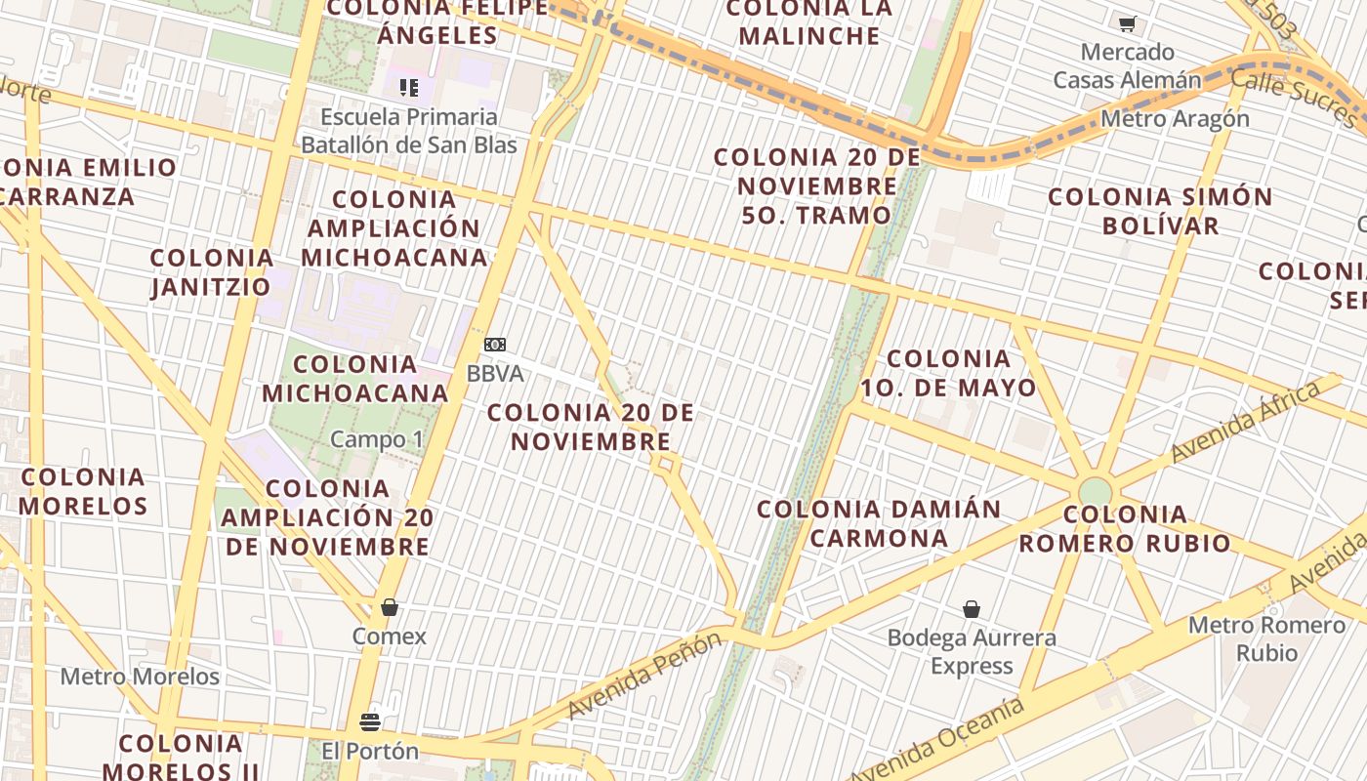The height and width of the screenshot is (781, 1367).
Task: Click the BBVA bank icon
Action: pyautogui.click(x=495, y=345)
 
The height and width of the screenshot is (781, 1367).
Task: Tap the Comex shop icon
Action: pyautogui.click(x=390, y=608)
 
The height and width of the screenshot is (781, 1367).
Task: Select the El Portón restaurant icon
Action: pyautogui.click(x=370, y=722)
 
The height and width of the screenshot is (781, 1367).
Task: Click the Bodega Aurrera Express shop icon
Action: pyautogui.click(x=972, y=610)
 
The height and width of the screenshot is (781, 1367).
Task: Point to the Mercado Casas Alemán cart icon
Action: pyautogui.click(x=1128, y=23)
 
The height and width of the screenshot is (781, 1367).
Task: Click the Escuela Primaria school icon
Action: pyautogui.click(x=409, y=88)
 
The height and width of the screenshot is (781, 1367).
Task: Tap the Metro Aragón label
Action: pyautogui.click(x=1175, y=119)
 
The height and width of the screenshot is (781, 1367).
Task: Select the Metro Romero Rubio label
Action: pyautogui.click(x=1266, y=638)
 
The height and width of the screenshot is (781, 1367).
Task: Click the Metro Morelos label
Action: pyautogui.click(x=140, y=677)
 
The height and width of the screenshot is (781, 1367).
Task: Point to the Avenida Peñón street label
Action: pyautogui.click(x=644, y=675)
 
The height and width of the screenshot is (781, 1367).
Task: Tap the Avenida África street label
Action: pyautogui.click(x=1245, y=422)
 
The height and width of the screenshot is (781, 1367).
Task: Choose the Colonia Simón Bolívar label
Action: pyautogui.click(x=1160, y=211)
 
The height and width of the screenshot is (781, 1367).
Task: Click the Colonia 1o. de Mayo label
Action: pyautogui.click(x=947, y=373)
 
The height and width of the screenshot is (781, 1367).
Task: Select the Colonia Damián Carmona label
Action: pyautogui.click(x=879, y=523)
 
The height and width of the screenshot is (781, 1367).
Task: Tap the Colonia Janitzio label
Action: pyautogui.click(x=212, y=272)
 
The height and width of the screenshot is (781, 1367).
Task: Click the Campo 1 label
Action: pyautogui.click(x=377, y=439)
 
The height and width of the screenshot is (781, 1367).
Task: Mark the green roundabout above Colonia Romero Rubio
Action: pyautogui.click(x=1096, y=491)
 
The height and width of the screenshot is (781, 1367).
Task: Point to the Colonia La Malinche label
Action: pyautogui.click(x=809, y=21)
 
